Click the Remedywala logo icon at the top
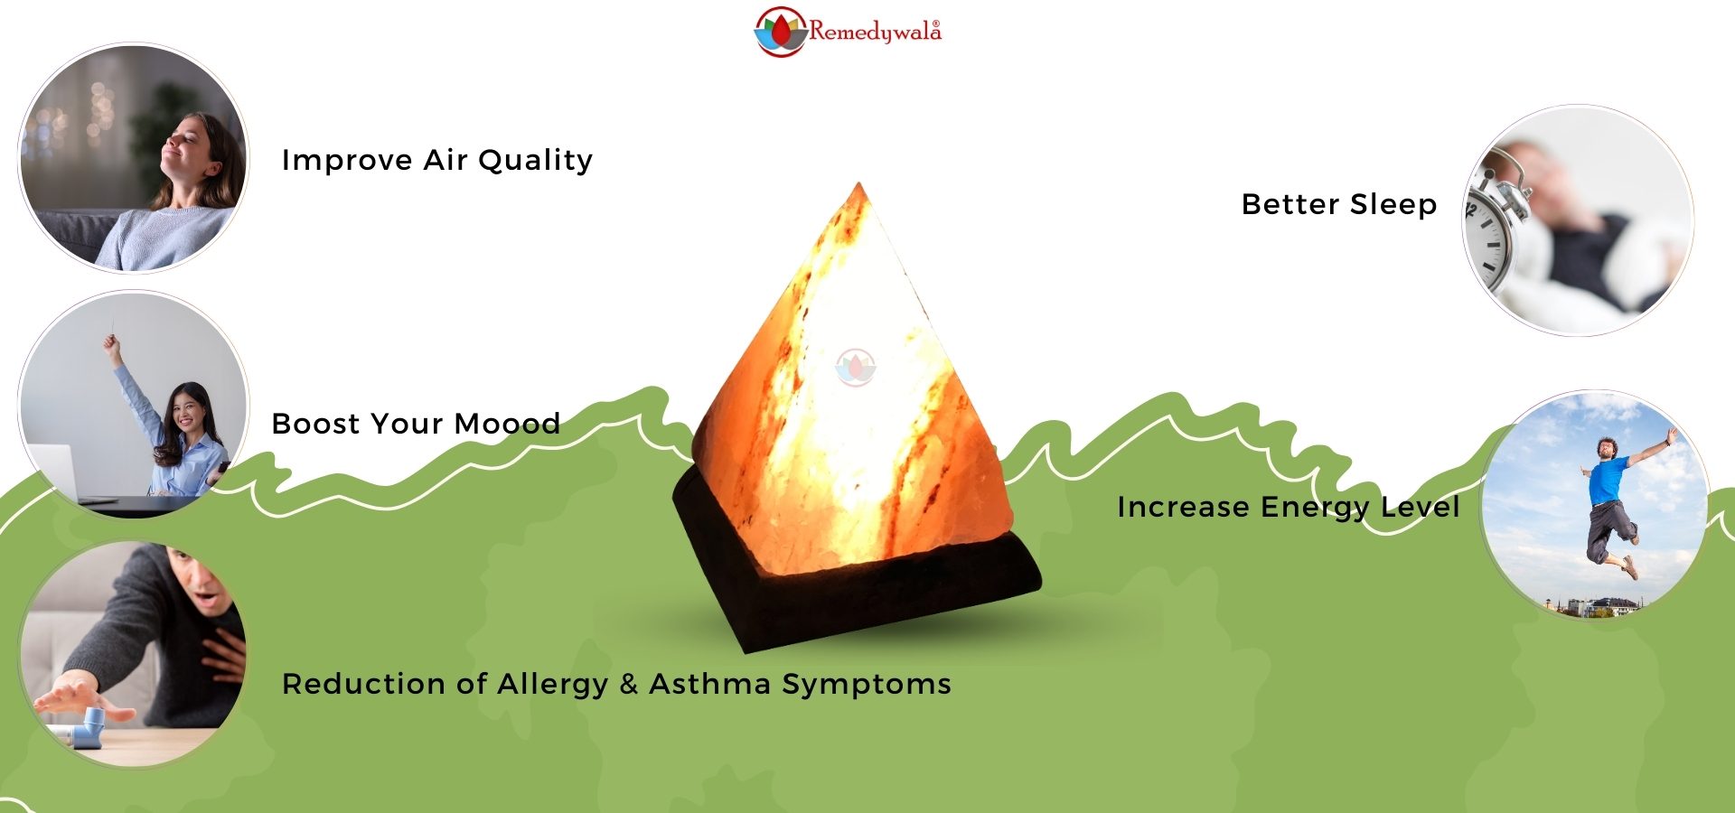[x=780, y=32]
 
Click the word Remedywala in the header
[x=875, y=33]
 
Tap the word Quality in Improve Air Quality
[x=535, y=161]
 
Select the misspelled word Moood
[x=507, y=424]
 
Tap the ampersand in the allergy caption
[x=629, y=684]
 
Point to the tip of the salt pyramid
[x=858, y=183]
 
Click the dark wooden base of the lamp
[x=857, y=578]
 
